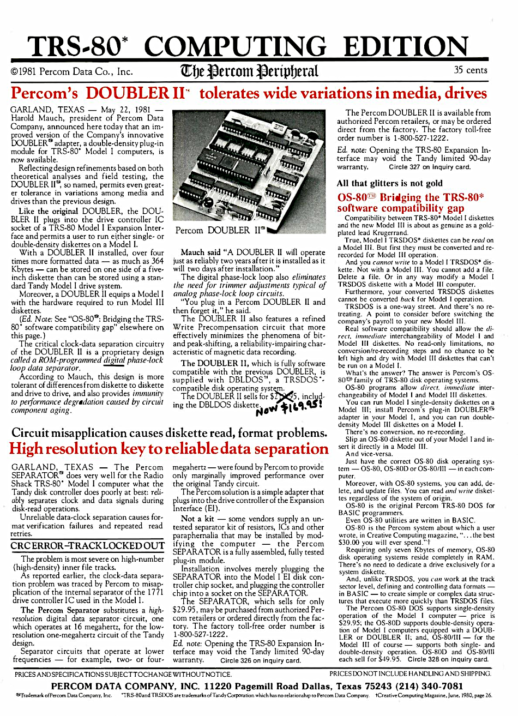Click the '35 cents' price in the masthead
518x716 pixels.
click(x=471, y=70)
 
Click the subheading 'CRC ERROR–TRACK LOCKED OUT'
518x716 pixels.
click(x=87, y=546)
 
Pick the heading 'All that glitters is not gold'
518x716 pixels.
click(x=389, y=183)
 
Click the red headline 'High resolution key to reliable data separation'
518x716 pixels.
click(x=169, y=449)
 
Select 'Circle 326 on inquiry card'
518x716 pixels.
click(x=260, y=660)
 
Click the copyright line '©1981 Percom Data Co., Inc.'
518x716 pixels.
click(x=71, y=71)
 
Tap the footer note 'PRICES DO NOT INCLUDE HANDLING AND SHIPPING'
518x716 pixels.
click(x=410, y=674)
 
